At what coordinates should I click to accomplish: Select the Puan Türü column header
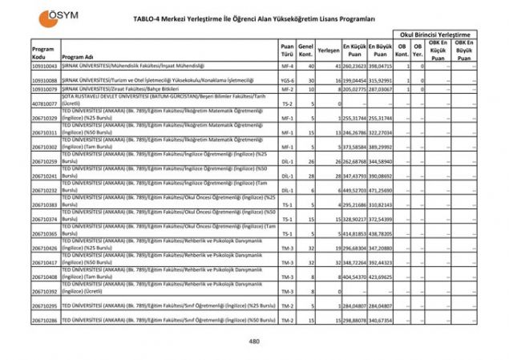pos(287,50)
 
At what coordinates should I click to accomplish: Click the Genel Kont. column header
pos(305,50)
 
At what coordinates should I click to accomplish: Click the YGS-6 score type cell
pos(287,80)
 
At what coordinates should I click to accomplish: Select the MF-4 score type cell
pos(287,67)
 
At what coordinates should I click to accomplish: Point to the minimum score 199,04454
pos(354,80)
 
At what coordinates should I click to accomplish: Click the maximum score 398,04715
pos(381,67)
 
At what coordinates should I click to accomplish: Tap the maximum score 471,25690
pos(381,190)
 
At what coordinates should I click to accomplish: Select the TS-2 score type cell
pos(287,103)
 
